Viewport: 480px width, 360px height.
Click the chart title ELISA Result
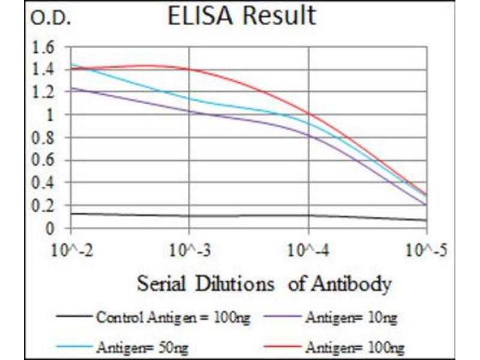[242, 16]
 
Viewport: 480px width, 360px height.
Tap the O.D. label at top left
[50, 20]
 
